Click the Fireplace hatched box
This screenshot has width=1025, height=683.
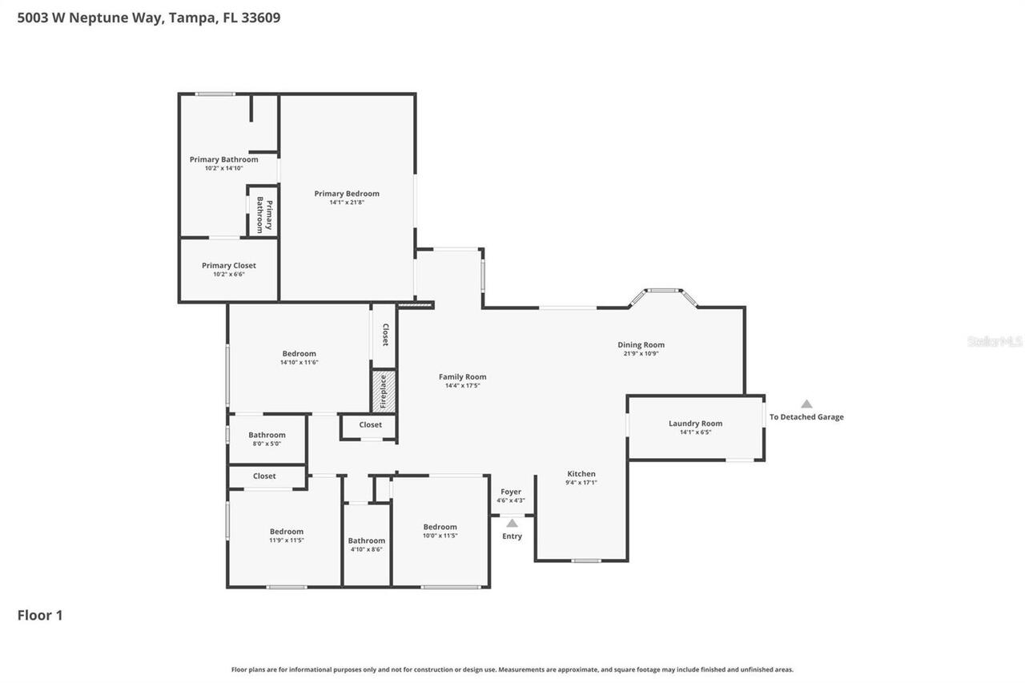(383, 392)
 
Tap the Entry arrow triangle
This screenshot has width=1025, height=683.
(512, 524)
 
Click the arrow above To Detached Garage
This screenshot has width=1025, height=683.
(806, 404)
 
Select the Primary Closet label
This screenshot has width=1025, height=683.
(229, 266)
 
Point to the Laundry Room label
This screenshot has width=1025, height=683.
(695, 424)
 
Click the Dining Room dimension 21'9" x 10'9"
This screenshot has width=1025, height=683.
(641, 354)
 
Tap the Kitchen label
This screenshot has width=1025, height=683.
(581, 474)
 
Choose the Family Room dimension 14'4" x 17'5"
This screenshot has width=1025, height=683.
(462, 386)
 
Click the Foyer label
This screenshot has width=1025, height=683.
(511, 492)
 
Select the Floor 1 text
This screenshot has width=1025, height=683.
(40, 615)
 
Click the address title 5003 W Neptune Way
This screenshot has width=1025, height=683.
(149, 18)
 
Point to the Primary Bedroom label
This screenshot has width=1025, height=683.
(347, 193)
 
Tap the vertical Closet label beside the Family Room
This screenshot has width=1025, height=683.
(385, 335)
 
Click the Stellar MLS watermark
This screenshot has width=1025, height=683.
(995, 342)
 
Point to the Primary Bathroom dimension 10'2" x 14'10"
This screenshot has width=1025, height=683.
(223, 168)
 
